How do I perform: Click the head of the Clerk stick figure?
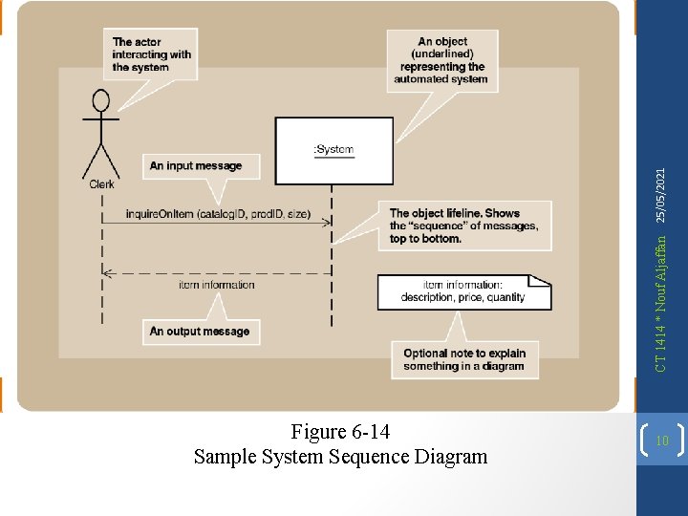pos(100,100)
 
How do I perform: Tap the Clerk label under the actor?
pos(101,184)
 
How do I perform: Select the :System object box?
pos(333,150)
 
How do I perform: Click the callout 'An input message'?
pos(196,166)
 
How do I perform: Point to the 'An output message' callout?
pos(199,332)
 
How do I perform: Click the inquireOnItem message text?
pos(218,213)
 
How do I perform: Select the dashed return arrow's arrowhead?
pos(108,272)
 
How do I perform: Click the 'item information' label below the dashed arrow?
pos(217,285)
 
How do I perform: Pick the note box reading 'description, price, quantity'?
pos(463,291)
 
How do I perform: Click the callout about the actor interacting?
pos(152,54)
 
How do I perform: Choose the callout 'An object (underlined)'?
pos(443,60)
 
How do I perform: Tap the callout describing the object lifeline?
pos(468,226)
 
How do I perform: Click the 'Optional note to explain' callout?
pos(464,359)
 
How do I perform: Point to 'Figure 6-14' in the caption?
pos(340,432)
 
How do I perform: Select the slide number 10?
pos(662,441)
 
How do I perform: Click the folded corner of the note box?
pos(542,281)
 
